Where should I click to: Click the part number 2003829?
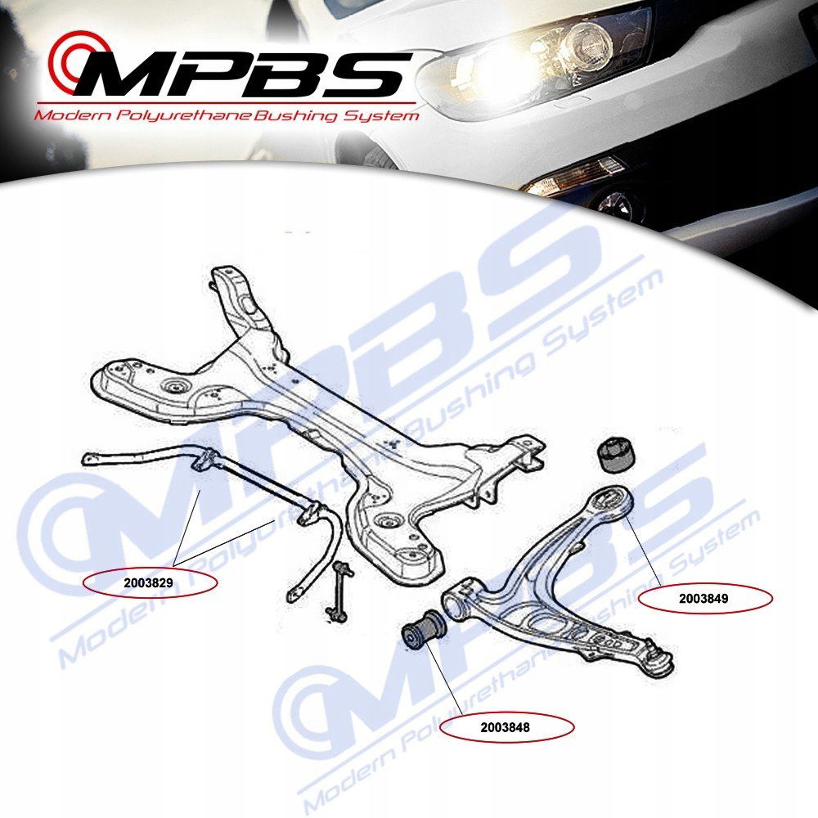point(151,584)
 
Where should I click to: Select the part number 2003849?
point(704,598)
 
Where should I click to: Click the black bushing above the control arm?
point(619,455)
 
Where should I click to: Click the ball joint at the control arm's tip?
point(659,659)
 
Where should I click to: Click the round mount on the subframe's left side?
point(173,387)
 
